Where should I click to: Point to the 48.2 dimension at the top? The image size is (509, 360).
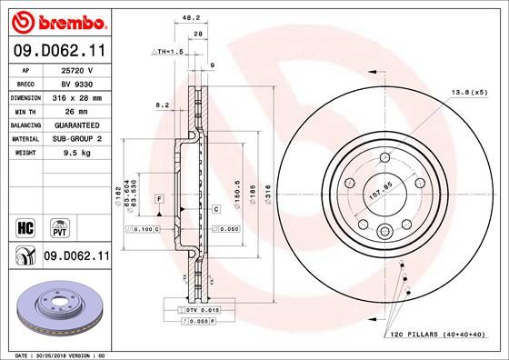(x=192, y=16)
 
